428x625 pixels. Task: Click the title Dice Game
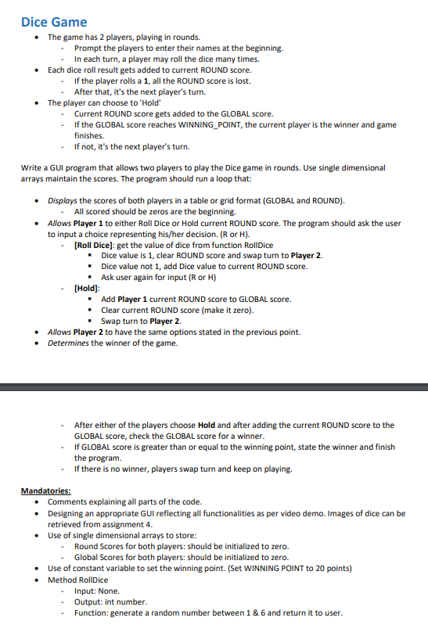54,22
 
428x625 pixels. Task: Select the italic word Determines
69,343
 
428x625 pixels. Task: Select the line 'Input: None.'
97,591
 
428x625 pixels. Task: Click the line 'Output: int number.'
110,602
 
